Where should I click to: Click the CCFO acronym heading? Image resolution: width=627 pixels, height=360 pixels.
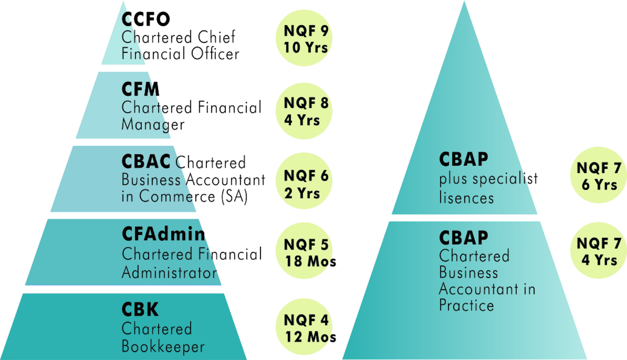tap(146, 19)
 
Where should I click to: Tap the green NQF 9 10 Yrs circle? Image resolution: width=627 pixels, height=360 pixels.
tap(304, 38)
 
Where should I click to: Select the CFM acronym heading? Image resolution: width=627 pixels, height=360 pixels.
tap(140, 89)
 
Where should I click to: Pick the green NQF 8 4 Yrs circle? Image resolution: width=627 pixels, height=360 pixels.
tap(304, 111)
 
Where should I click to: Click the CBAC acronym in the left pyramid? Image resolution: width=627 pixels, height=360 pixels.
tap(146, 161)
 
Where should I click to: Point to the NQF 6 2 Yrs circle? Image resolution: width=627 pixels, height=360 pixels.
tap(304, 181)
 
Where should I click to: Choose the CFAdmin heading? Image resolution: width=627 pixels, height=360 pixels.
tap(163, 234)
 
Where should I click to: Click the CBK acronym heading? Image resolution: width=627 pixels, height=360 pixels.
tap(140, 310)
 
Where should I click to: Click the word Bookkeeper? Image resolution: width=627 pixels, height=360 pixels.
tap(163, 347)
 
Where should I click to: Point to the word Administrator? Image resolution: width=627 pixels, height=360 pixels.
tap(170, 273)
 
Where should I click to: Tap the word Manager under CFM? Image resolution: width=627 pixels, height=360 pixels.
tap(153, 124)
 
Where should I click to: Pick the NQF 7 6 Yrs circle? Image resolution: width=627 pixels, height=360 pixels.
tap(598, 175)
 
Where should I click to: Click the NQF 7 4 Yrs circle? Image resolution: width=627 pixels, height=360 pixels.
tap(598, 251)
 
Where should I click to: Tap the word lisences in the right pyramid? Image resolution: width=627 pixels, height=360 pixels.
tap(466, 198)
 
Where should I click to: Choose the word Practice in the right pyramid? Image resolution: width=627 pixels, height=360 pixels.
tap(466, 305)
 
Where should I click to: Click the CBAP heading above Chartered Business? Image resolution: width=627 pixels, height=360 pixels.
tap(464, 238)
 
